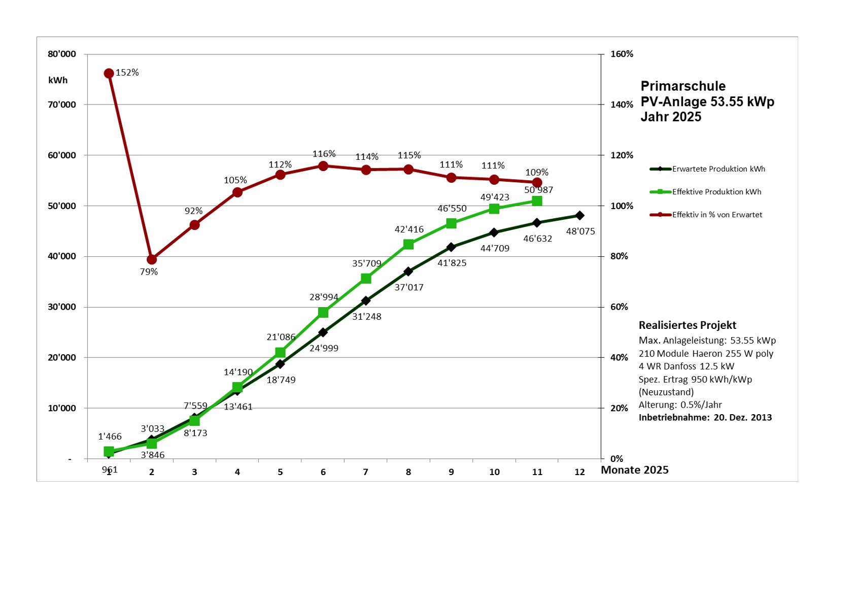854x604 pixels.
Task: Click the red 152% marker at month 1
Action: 109,74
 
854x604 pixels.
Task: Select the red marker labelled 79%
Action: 151,259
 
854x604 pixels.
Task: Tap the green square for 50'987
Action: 537,201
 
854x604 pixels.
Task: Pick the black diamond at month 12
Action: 579,215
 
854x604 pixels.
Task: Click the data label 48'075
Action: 580,231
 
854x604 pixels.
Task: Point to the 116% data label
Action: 324,154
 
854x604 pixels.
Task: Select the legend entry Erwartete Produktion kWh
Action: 718,169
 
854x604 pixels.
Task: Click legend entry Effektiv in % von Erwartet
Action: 716,215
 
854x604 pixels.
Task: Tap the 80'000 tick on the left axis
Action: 62,54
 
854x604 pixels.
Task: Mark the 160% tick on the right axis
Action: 622,54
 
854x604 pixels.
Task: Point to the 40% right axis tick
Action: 619,357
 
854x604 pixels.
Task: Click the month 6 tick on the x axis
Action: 323,472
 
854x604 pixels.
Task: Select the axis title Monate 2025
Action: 634,470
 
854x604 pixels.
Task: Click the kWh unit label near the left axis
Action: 58,80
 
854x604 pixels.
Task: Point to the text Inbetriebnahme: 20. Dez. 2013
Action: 705,418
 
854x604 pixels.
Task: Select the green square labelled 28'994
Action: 323,312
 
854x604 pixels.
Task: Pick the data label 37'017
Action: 409,287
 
